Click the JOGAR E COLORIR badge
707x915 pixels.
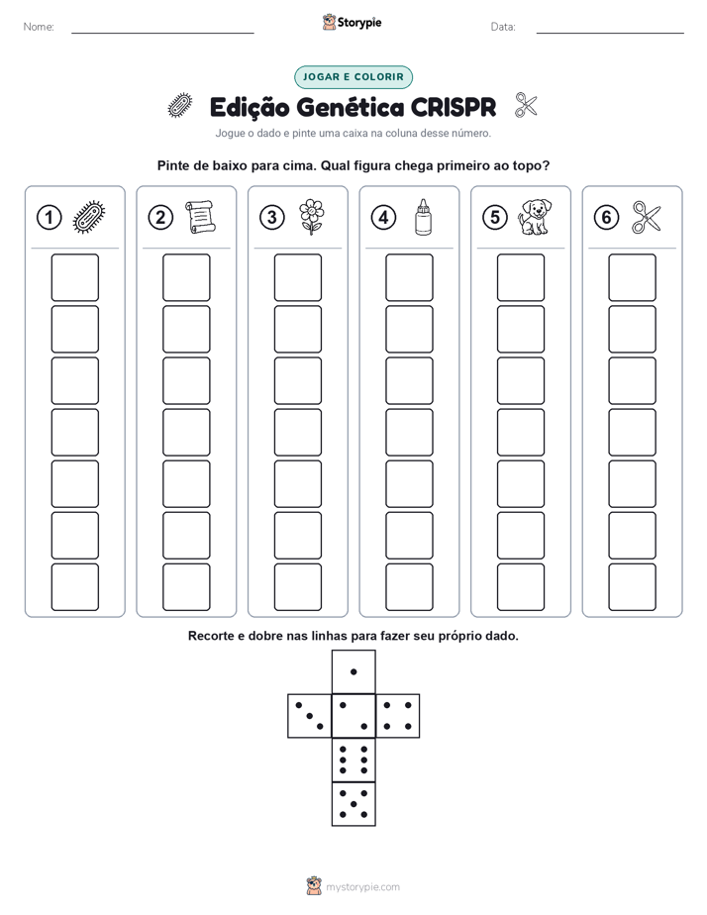coord(353,77)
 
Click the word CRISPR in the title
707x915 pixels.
coord(454,108)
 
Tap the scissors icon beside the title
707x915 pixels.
coord(526,106)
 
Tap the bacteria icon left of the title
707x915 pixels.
coord(180,106)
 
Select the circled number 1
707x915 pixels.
coord(49,218)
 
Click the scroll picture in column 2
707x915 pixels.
coord(200,217)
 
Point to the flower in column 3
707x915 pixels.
coord(311,217)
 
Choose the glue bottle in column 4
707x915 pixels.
coord(424,218)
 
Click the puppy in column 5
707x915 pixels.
coord(535,217)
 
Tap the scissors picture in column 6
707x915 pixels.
coord(647,218)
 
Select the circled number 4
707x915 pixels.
coord(383,218)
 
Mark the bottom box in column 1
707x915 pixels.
coord(74,587)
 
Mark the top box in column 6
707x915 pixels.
coord(632,277)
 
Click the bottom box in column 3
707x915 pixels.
coord(297,587)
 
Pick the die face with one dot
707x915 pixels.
coord(353,671)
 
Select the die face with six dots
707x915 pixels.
coord(353,760)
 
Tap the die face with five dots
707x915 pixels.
coord(353,804)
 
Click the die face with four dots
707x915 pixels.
coord(398,716)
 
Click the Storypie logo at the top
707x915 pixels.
coord(352,23)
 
